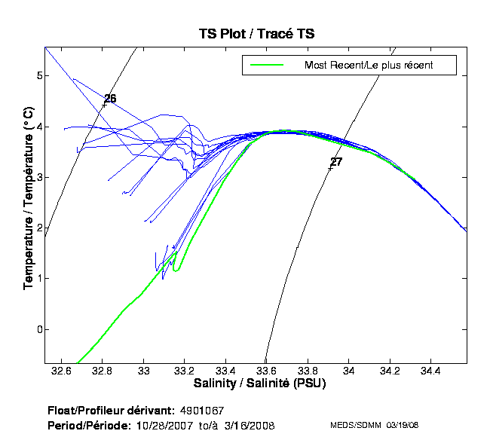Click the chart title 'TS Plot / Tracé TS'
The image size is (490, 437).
pyautogui.click(x=256, y=34)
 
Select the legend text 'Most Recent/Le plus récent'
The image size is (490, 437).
pyautogui.click(x=369, y=66)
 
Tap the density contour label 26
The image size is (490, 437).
pyautogui.click(x=110, y=99)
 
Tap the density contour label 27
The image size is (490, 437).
pyautogui.click(x=336, y=162)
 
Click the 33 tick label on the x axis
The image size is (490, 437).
pyautogui.click(x=144, y=371)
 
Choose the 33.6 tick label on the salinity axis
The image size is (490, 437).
pyautogui.click(x=266, y=371)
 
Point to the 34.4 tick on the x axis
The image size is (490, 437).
pyautogui.click(x=429, y=371)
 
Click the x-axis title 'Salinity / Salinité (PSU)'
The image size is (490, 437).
pyautogui.click(x=256, y=384)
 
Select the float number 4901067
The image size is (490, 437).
pyautogui.click(x=202, y=411)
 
